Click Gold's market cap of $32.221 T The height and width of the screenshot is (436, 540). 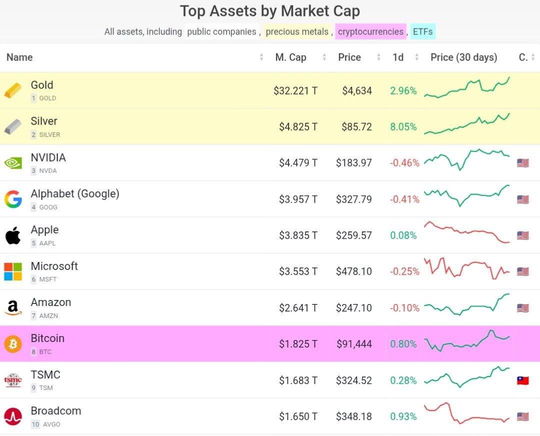click(x=295, y=91)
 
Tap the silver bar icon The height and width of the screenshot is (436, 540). click(x=13, y=127)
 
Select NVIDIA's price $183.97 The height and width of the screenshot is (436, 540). click(x=354, y=163)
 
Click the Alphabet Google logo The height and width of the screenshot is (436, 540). click(x=13, y=199)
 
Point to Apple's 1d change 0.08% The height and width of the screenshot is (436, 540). click(x=403, y=235)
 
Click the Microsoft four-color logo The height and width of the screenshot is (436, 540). click(x=13, y=271)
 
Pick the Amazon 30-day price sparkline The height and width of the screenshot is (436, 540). click(x=467, y=304)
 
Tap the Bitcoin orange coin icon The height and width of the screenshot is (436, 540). click(x=13, y=344)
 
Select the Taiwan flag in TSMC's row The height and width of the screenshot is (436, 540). click(x=523, y=380)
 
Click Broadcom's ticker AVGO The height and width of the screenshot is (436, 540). click(x=51, y=424)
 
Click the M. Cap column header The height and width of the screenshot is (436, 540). click(x=290, y=57)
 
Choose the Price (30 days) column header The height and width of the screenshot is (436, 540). click(x=463, y=57)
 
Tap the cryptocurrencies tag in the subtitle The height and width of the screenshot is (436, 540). click(x=370, y=32)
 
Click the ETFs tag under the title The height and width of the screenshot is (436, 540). click(x=422, y=32)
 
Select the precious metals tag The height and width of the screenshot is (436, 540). click(x=297, y=32)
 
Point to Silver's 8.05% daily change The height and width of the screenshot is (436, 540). click(x=403, y=127)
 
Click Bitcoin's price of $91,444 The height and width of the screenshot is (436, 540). click(x=354, y=344)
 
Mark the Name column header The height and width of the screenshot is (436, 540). click(x=19, y=57)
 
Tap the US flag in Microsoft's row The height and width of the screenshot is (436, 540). click(x=523, y=271)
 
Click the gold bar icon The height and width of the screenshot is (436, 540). click(x=13, y=90)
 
